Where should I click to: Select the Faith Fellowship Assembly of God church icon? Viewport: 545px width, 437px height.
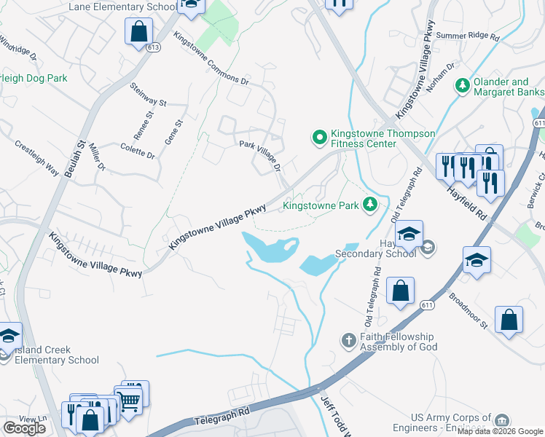[349, 340]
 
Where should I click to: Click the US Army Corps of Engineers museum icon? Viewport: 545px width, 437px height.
[501, 421]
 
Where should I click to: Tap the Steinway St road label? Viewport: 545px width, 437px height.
[149, 92]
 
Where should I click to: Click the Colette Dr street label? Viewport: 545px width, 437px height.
[137, 150]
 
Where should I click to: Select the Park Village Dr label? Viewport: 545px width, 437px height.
[261, 155]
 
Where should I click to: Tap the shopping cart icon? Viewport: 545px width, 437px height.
[130, 398]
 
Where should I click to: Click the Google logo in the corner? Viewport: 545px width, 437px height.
[24, 428]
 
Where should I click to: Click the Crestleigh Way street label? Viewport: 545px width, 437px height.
[37, 156]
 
